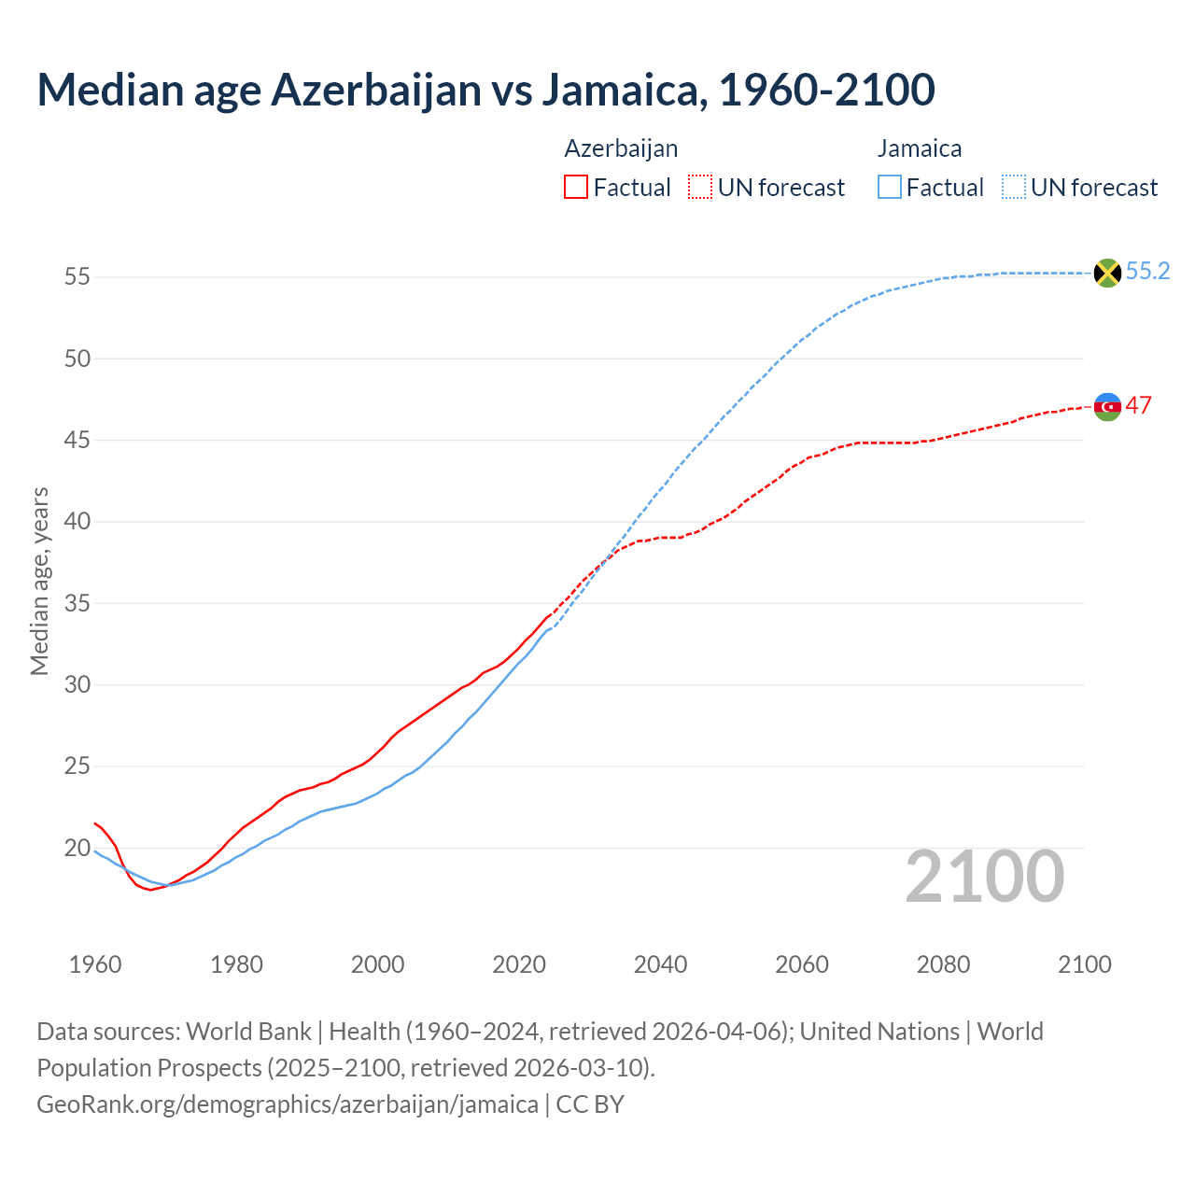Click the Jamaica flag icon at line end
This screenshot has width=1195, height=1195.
point(1107,273)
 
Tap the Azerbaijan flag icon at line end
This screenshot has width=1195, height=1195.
point(1107,407)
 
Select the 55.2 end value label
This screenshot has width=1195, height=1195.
point(1147,272)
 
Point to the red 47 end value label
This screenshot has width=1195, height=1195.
point(1139,406)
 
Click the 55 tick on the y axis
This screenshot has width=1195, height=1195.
point(77,277)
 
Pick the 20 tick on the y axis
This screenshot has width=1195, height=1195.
point(77,849)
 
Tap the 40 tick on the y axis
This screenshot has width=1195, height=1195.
point(77,522)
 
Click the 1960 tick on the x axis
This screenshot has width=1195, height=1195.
point(95,964)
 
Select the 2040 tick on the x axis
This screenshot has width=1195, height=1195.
point(660,964)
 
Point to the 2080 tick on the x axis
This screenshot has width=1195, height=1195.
point(943,964)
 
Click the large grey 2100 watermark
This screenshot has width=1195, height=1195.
point(984,877)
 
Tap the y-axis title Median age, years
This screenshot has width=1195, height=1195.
point(39,581)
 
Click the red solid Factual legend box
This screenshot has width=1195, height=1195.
point(576,188)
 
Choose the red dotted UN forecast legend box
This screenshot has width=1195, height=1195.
point(700,188)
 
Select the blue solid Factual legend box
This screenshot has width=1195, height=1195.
point(890,188)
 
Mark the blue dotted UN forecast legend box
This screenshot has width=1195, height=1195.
point(1014,188)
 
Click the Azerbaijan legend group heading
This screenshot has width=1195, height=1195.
point(621,148)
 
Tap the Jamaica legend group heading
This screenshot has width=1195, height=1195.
point(920,148)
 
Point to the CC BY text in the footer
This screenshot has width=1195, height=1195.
point(590,1104)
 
